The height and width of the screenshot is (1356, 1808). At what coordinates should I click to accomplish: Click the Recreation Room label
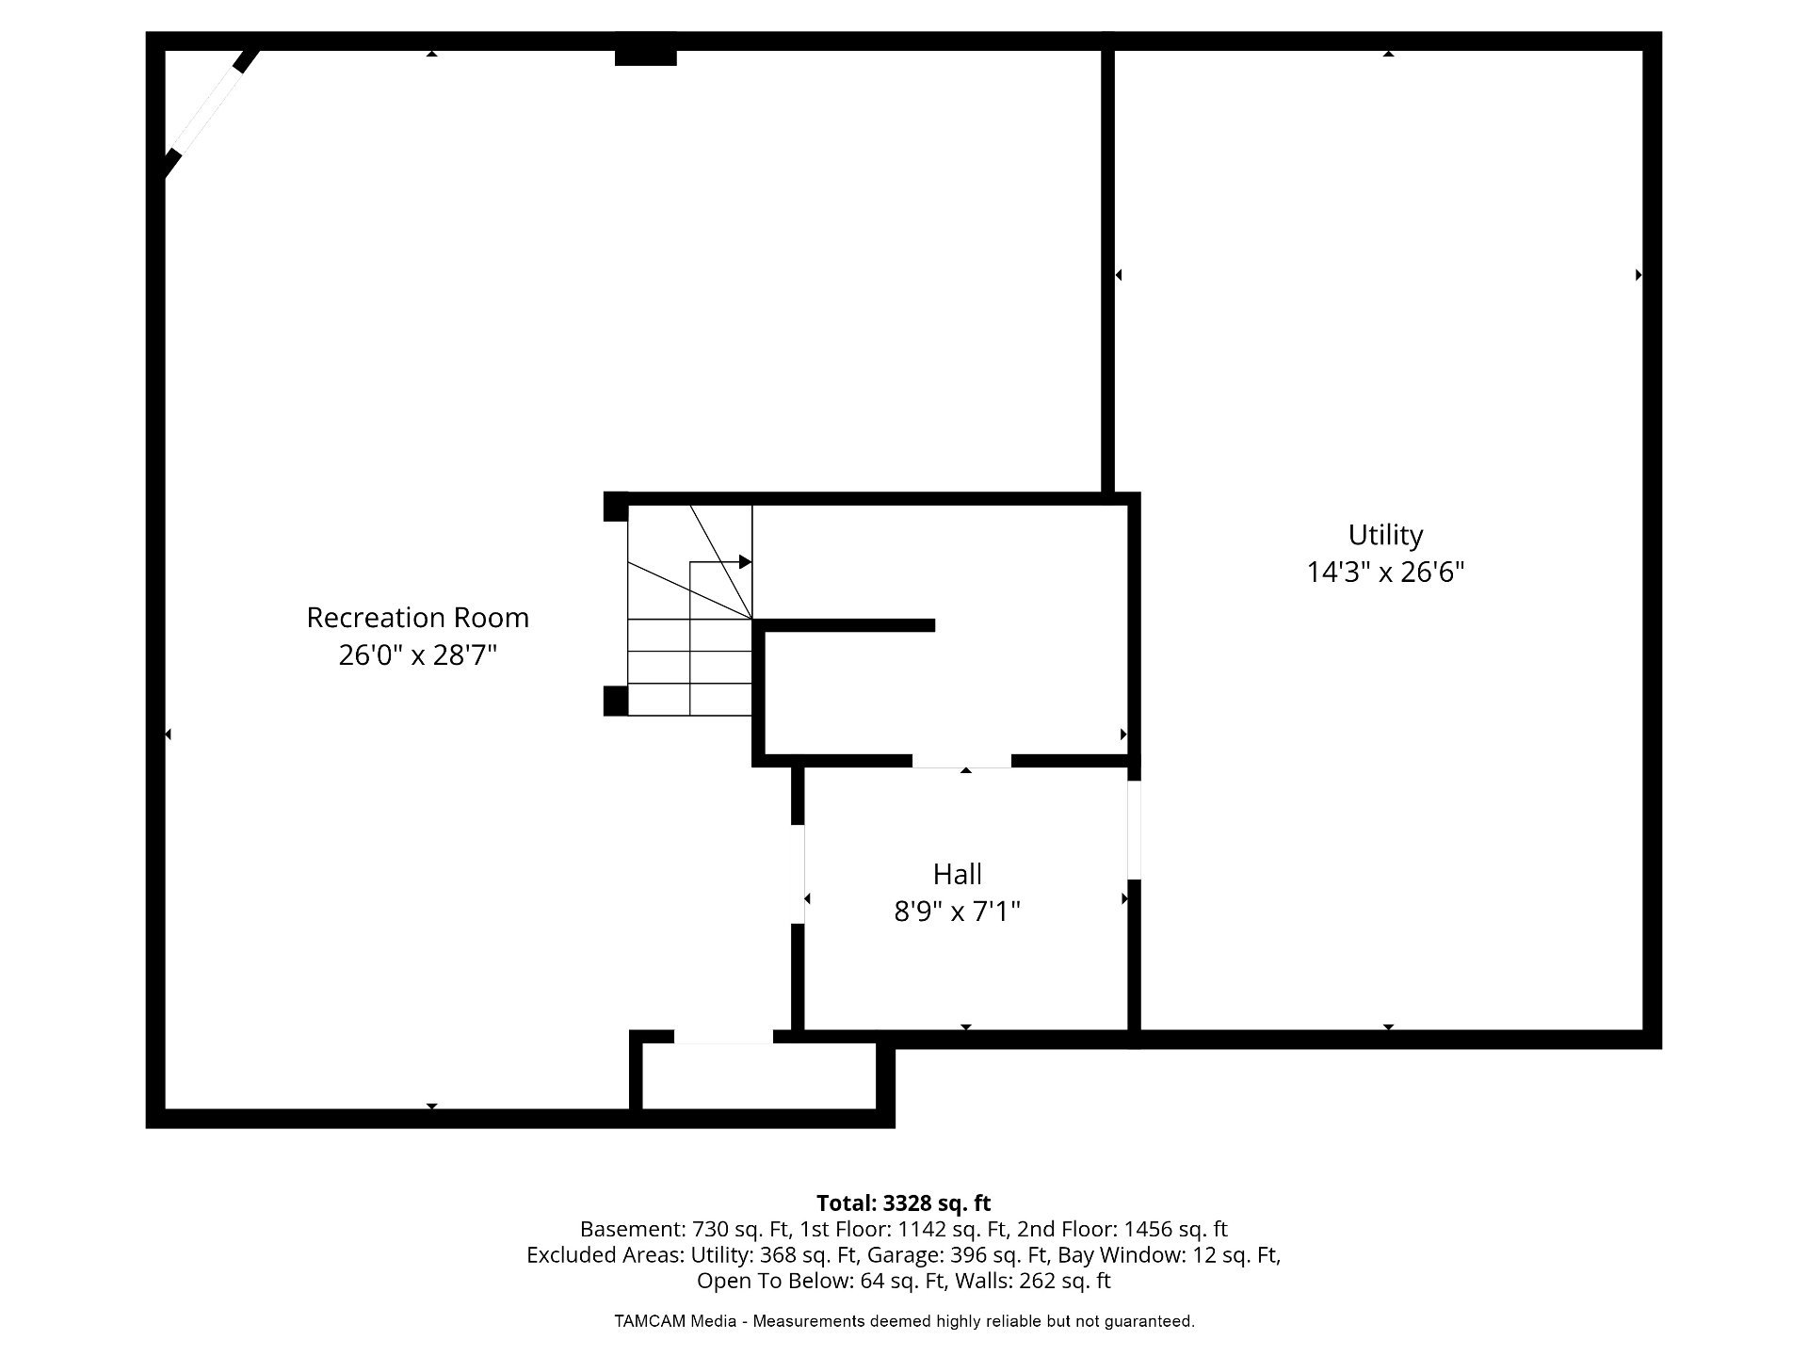tap(418, 618)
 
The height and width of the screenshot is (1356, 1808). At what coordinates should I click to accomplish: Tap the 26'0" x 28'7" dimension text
tap(418, 654)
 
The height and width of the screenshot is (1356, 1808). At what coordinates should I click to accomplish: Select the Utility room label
tap(1385, 535)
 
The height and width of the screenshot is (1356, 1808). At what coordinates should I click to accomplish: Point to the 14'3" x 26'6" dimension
tap(1385, 572)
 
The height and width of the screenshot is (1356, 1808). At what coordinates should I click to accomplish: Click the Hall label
tap(958, 874)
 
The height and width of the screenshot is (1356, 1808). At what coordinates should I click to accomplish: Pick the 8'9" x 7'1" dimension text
tap(958, 912)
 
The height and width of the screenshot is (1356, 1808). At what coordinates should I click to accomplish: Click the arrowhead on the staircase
tap(745, 562)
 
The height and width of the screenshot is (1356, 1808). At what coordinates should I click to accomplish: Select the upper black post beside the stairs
tap(616, 507)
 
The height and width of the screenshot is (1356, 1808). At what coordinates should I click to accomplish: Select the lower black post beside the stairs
tap(616, 701)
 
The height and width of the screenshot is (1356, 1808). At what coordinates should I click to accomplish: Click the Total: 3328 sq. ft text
tap(904, 1203)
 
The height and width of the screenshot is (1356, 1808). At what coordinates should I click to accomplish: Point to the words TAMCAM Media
tap(675, 1321)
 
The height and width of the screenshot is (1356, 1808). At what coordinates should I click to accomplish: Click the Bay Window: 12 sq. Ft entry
tap(1169, 1255)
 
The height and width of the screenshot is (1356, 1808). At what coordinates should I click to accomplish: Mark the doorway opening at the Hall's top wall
tap(961, 761)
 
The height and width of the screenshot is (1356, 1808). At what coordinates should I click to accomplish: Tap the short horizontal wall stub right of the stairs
tap(845, 625)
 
